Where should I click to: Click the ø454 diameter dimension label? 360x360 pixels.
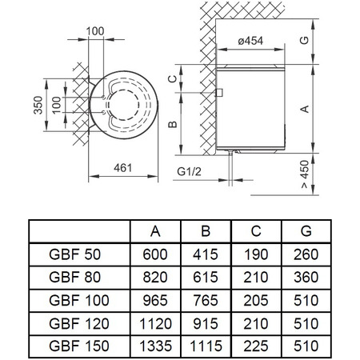point(250,41)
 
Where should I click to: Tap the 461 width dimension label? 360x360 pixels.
point(123,168)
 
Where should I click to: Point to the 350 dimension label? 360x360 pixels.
point(38,105)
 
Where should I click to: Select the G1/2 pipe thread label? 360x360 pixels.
point(189,171)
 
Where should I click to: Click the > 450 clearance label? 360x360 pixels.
point(305,174)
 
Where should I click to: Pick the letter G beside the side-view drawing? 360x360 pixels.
point(305,40)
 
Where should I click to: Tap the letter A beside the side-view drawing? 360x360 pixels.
point(305,109)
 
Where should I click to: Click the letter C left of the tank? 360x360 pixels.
point(173,79)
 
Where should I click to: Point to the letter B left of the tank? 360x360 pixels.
point(173,124)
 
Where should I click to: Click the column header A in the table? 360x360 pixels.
point(155,231)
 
